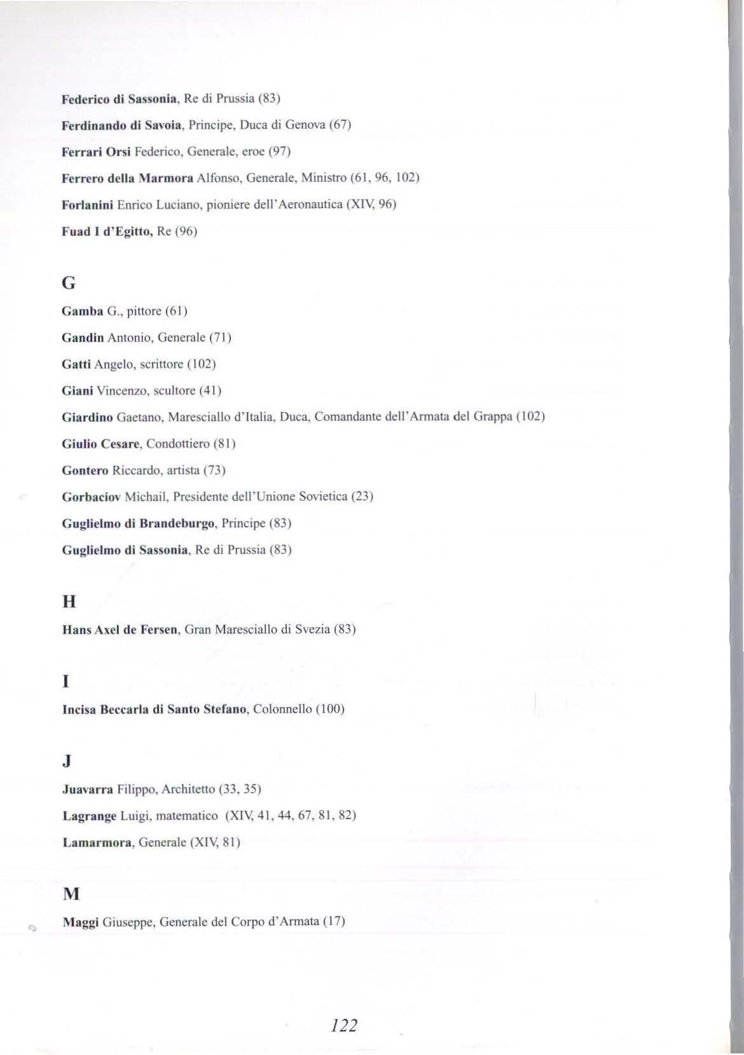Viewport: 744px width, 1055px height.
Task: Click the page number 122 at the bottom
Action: click(x=344, y=1025)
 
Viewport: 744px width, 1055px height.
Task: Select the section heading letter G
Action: click(x=68, y=284)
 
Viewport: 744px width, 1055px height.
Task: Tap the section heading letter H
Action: click(x=69, y=602)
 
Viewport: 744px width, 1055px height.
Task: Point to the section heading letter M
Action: click(x=71, y=894)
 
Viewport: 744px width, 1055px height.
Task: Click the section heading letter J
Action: click(x=67, y=761)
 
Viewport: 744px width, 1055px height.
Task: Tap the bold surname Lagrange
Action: click(x=90, y=815)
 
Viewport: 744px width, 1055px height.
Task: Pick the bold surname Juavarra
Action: click(x=88, y=789)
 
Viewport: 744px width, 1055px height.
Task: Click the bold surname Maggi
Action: click(x=80, y=921)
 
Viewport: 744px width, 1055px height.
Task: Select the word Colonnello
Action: click(x=282, y=708)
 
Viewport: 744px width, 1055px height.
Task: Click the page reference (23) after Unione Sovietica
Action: click(x=362, y=496)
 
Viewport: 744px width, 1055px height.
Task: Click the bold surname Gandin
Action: click(x=82, y=337)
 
